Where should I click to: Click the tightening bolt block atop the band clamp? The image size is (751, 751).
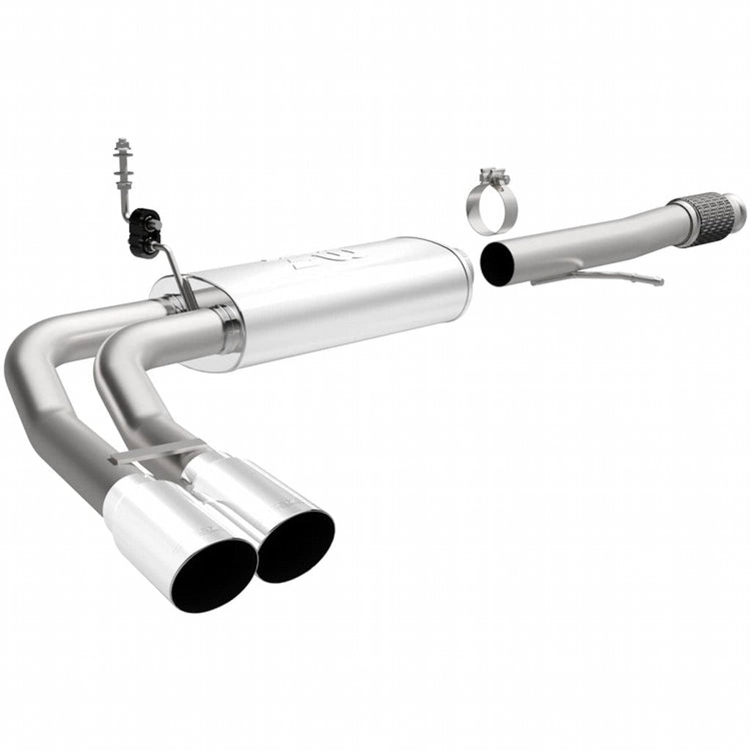tap(491, 175)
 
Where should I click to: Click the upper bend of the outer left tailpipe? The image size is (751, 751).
tap(44, 345)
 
